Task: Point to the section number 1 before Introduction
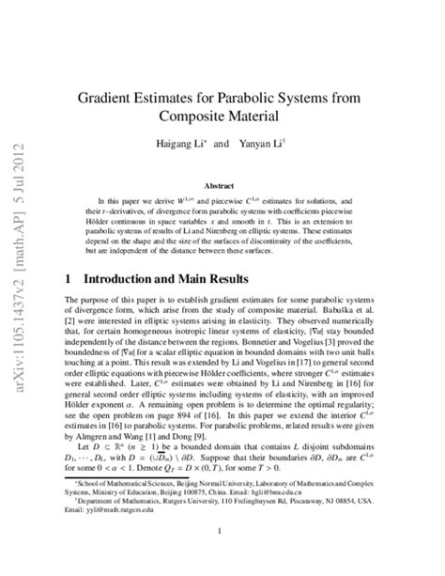pos(69,280)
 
